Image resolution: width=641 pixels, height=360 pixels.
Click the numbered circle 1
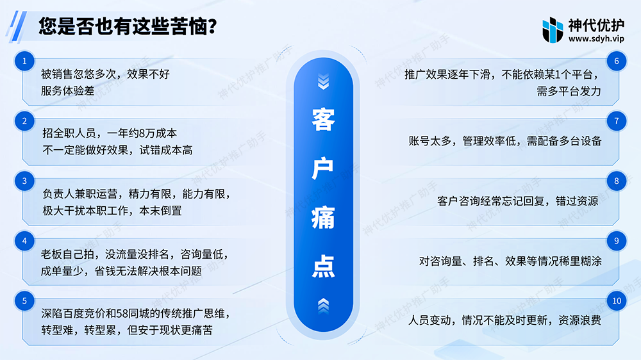tap(24, 61)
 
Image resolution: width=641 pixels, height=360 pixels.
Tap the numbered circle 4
tap(24, 241)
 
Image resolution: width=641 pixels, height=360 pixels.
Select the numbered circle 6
tap(617, 61)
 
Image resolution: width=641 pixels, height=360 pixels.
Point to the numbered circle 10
tap(617, 301)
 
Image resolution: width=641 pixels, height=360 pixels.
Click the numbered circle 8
tap(617, 181)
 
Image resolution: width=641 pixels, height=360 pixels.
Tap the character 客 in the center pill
tap(323, 120)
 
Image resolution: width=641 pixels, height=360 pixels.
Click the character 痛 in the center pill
tap(323, 218)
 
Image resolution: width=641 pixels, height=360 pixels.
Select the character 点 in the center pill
tap(323, 266)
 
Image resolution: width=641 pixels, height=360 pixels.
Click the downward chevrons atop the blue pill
tap(323, 81)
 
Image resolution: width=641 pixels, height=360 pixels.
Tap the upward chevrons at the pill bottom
tap(323, 306)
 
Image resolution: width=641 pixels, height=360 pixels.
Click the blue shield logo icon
tap(553, 30)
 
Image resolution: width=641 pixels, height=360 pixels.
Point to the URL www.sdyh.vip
tap(596, 39)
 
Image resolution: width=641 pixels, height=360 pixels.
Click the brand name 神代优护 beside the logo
tap(596, 26)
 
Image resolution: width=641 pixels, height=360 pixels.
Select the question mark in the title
tap(212, 26)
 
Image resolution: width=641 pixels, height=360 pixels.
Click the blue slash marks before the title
tap(17, 26)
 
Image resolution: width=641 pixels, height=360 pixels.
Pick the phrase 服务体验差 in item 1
tap(68, 91)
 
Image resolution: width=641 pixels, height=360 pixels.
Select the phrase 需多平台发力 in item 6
tap(569, 91)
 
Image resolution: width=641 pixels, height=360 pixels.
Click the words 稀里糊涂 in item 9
tap(580, 261)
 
